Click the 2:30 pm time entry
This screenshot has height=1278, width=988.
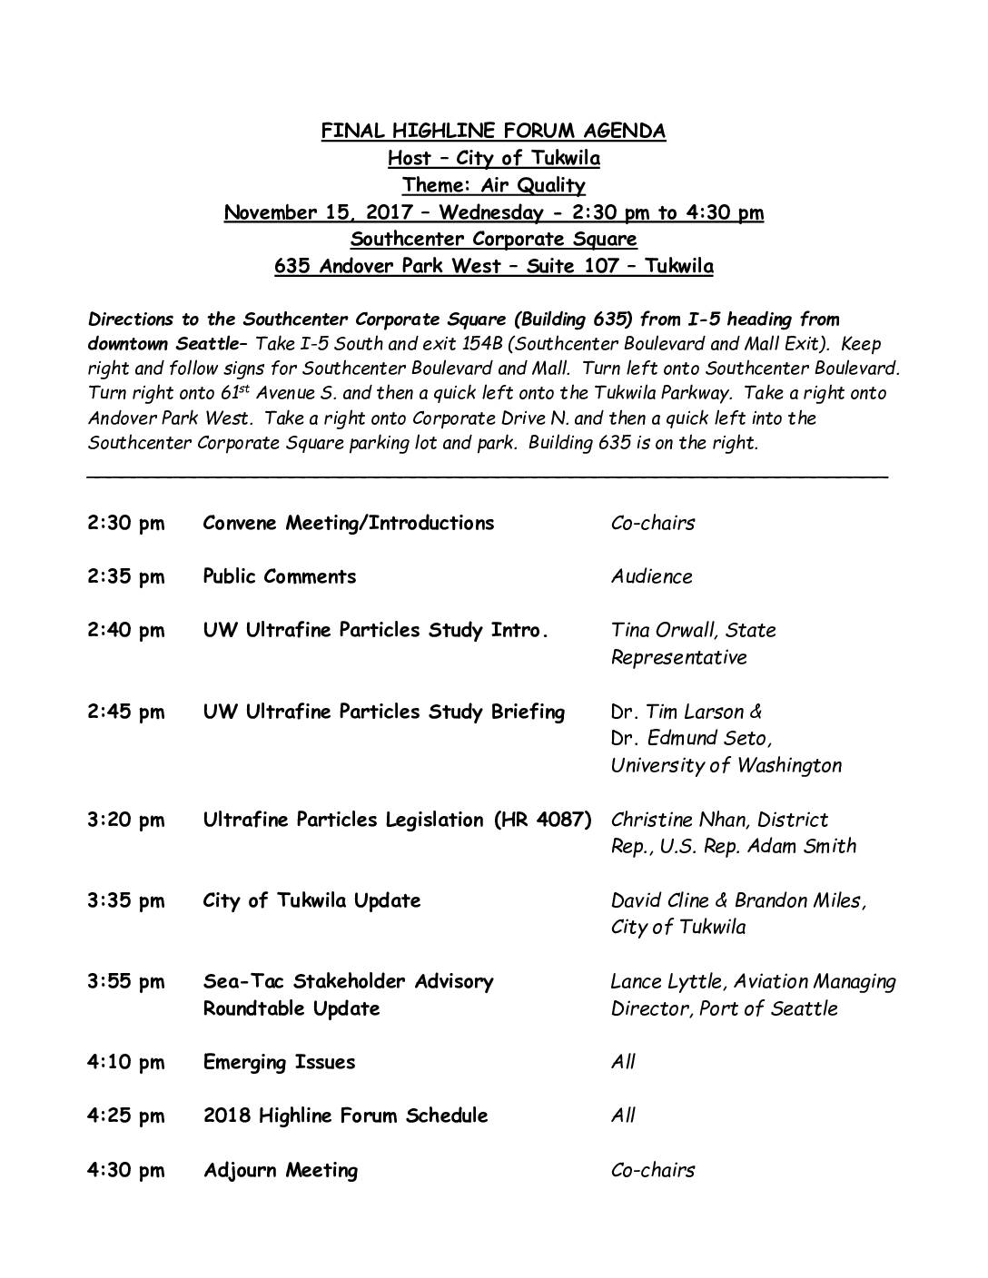126,524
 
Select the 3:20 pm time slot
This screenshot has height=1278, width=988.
126,821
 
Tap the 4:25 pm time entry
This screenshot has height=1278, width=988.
126,1116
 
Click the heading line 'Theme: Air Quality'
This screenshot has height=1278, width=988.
493,186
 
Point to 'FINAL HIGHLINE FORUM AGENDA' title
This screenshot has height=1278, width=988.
493,132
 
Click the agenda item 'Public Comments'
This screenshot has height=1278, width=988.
280,577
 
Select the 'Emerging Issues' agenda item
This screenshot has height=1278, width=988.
280,1063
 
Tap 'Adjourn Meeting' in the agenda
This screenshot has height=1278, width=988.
281,1171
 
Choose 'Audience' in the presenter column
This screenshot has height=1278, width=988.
651,577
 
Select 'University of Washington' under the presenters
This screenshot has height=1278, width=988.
726,766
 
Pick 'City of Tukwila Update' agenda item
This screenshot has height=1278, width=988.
311,901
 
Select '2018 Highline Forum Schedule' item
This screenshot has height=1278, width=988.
345,1116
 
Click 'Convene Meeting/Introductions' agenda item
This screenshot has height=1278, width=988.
349,524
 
